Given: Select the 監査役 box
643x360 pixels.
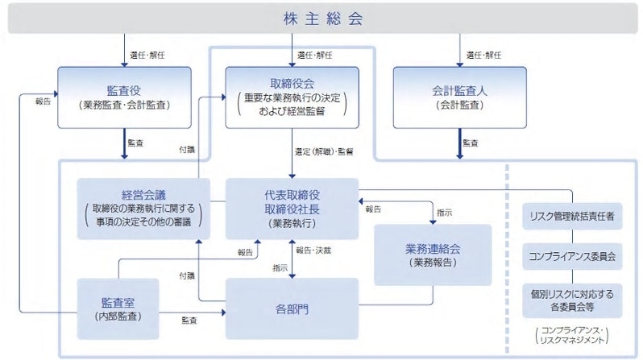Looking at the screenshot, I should click(x=125, y=97).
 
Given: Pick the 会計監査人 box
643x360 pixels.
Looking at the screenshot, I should click(x=460, y=97).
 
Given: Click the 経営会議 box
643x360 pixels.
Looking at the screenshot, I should click(x=143, y=208).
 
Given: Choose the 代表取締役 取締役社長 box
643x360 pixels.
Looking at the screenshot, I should click(x=292, y=208).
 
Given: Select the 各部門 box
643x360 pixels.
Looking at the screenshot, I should click(x=292, y=308).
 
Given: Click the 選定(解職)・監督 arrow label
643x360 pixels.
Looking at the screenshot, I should click(x=325, y=151).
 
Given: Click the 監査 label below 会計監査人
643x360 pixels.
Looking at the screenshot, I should click(x=471, y=143).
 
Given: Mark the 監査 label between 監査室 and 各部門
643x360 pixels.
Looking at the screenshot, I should click(x=191, y=321).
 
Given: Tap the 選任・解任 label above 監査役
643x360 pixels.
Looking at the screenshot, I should click(x=148, y=55).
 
